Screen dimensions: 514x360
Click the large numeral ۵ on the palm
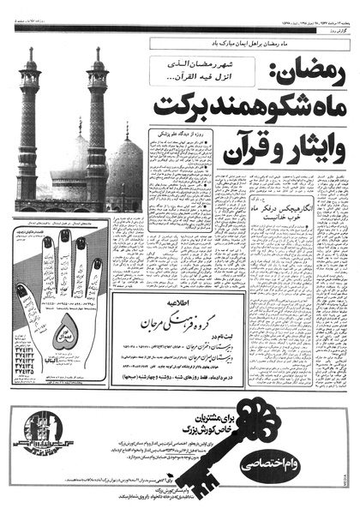(x=65, y=335)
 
